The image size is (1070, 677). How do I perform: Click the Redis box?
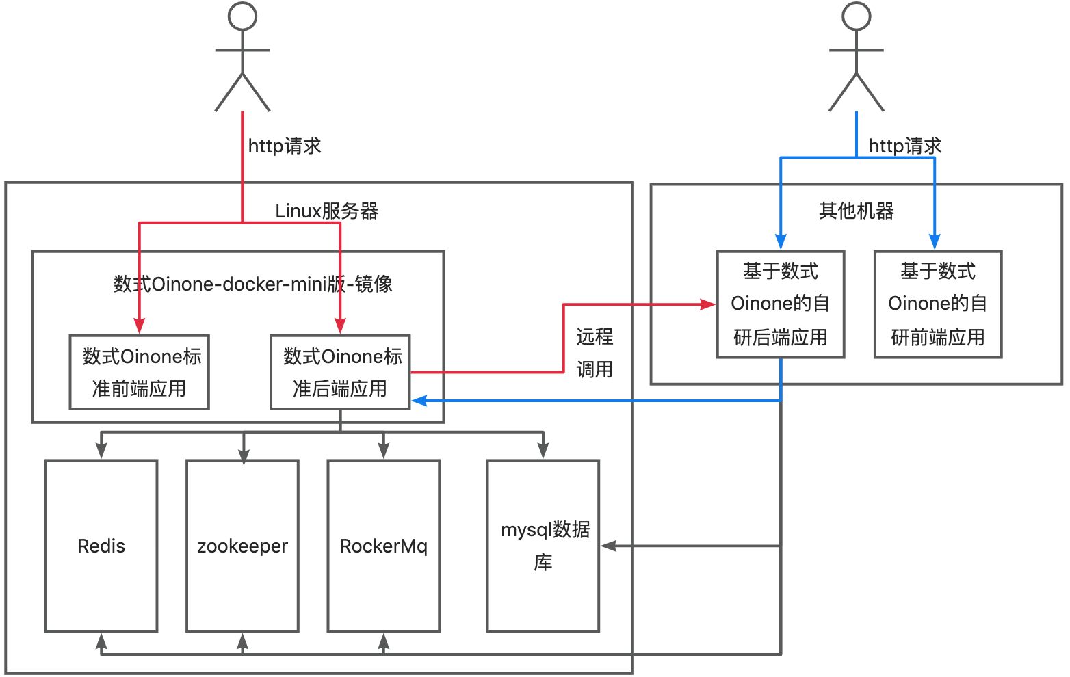pyautogui.click(x=101, y=546)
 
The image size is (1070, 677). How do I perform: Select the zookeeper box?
pyautogui.click(x=242, y=546)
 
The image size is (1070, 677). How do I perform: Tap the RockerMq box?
pyautogui.click(x=383, y=546)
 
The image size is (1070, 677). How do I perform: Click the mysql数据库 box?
pyautogui.click(x=543, y=546)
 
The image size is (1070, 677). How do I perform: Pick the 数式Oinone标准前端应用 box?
pyautogui.click(x=139, y=372)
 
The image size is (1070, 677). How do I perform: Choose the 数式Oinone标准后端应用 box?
pyautogui.click(x=340, y=372)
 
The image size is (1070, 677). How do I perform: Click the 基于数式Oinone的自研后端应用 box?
pyautogui.click(x=781, y=304)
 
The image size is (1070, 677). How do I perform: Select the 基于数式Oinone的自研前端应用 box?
pyautogui.click(x=938, y=304)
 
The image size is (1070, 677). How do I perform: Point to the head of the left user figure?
pyautogui.click(x=242, y=16)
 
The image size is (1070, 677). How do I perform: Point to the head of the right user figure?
pyautogui.click(x=857, y=16)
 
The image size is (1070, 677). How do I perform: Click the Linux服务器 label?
pyautogui.click(x=326, y=211)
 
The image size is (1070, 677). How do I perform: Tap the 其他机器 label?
pyautogui.click(x=857, y=211)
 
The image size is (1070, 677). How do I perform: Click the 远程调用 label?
pyautogui.click(x=594, y=353)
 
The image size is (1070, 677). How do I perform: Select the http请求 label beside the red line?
pyautogui.click(x=284, y=146)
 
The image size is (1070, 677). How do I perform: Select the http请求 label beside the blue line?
pyautogui.click(x=904, y=146)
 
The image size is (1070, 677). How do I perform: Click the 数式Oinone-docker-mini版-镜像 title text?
pyautogui.click(x=253, y=284)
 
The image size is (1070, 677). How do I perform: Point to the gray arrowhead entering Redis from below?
pyautogui.click(x=101, y=641)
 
